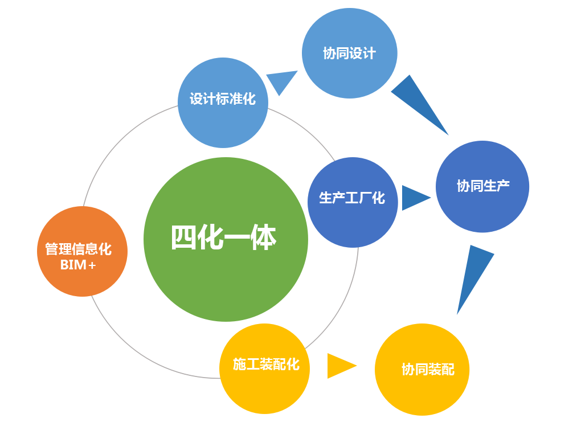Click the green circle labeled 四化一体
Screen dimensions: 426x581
click(226, 239)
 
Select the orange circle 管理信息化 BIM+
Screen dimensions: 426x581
click(82, 251)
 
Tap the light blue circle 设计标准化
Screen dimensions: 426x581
click(223, 103)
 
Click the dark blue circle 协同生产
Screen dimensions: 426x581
click(482, 186)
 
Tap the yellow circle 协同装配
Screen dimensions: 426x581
click(422, 370)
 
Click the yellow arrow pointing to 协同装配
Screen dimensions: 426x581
click(340, 366)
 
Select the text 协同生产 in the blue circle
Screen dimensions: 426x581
click(483, 186)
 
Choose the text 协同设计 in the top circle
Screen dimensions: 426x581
click(349, 54)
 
